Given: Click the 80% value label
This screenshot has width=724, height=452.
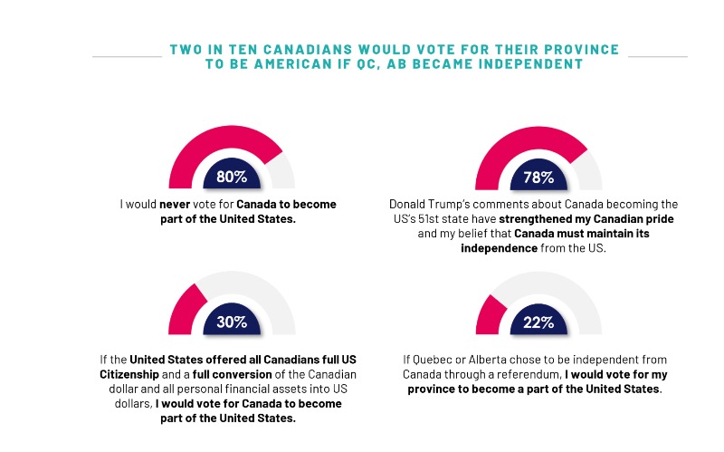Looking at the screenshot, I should (233, 177).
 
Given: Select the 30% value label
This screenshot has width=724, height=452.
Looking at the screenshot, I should (233, 323).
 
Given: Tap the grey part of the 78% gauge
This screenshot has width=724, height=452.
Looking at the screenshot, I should (590, 168).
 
